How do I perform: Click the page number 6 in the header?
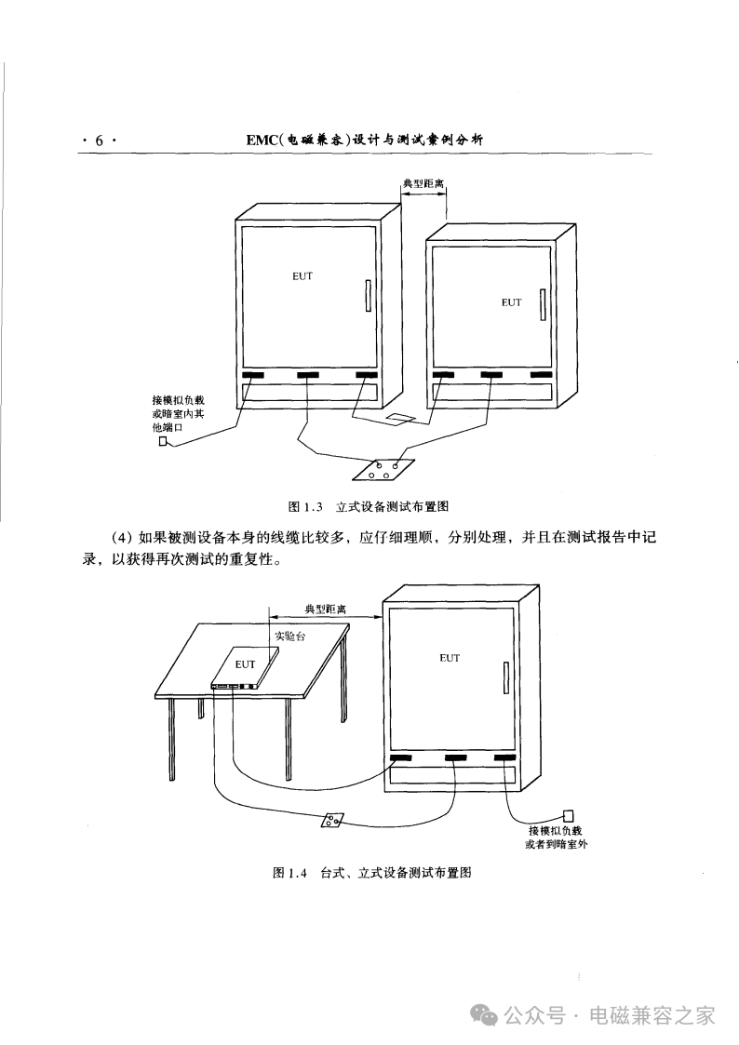point(100,140)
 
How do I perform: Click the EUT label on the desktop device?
point(245,663)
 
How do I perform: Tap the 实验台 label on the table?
point(290,636)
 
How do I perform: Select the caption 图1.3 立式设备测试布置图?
point(369,506)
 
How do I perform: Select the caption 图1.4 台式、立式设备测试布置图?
point(372,873)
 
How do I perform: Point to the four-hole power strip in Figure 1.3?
point(383,468)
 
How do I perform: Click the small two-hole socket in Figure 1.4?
point(332,821)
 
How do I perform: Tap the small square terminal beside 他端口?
point(163,440)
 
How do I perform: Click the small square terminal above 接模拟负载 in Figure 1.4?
point(568,816)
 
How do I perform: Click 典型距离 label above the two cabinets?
point(423,183)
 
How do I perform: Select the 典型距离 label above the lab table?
point(326,610)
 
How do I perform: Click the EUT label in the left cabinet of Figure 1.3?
point(302,276)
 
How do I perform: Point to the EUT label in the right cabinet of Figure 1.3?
point(511,302)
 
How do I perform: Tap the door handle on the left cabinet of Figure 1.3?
point(367,296)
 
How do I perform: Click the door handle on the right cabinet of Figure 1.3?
point(544,304)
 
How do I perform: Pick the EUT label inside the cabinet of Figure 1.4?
point(450,658)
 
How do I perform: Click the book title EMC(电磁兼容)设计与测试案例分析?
point(365,140)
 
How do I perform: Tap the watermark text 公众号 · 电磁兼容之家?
point(609,1015)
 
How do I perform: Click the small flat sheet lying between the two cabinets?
point(400,418)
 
